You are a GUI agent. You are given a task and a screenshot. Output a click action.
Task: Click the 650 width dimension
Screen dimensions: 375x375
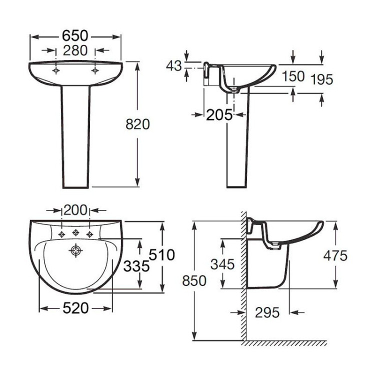(75, 36)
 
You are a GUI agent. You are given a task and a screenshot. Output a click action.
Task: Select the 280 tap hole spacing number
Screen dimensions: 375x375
(75, 50)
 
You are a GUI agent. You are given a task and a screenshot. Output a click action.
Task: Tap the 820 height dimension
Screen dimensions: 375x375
(137, 124)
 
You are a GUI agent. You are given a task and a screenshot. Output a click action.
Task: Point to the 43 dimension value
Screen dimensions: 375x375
(174, 66)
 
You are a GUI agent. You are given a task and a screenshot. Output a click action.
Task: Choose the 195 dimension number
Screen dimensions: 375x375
(321, 79)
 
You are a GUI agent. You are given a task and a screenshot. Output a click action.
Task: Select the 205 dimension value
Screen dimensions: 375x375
(219, 115)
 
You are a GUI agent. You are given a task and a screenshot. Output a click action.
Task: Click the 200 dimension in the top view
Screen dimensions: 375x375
(75, 209)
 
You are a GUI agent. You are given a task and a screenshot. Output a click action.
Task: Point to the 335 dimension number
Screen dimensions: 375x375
(136, 266)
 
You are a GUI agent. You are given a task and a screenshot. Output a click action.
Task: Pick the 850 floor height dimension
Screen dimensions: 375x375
(194, 281)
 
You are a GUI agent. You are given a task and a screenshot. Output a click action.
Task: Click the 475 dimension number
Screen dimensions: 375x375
(334, 256)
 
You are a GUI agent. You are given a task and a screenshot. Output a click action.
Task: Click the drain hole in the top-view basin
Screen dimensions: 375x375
(75, 250)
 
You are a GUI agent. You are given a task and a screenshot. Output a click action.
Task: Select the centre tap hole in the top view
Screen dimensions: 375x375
(75, 232)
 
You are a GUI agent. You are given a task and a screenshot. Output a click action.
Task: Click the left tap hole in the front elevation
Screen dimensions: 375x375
(56, 70)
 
